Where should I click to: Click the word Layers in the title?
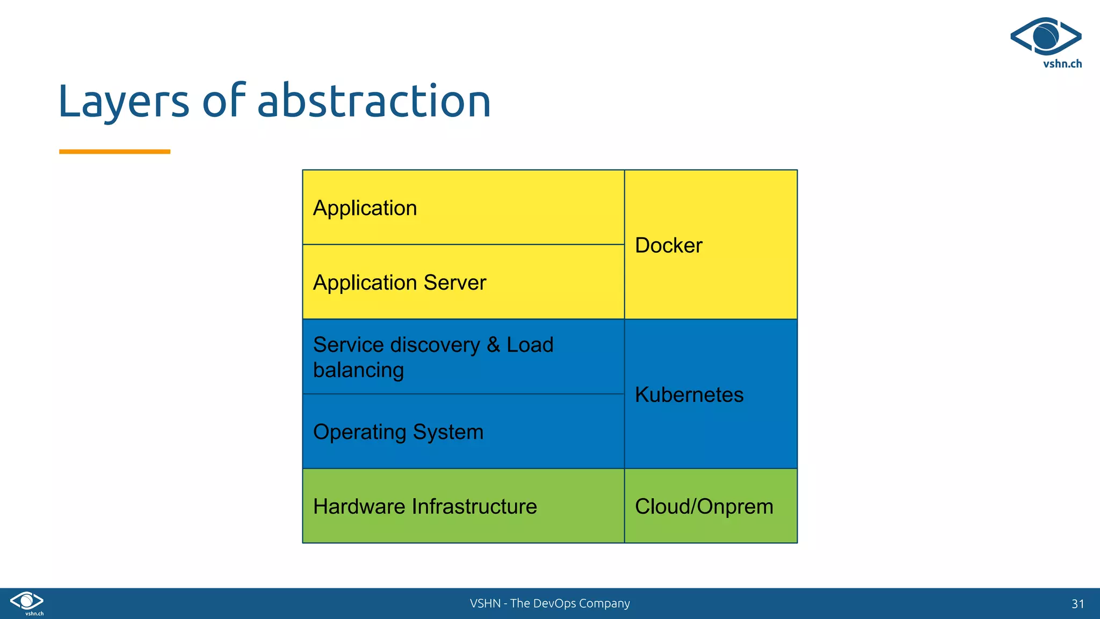point(124,102)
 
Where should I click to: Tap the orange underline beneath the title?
point(114,152)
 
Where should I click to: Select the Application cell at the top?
point(365,208)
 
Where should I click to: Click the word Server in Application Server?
point(454,283)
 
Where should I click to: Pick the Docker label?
point(668,246)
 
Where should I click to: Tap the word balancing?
point(358,371)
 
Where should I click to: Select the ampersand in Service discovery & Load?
point(493,345)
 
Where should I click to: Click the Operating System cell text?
point(398,432)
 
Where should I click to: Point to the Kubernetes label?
point(689,395)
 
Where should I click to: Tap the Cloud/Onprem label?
point(704,507)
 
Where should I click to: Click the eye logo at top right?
point(1045,37)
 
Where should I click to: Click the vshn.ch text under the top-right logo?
point(1062,64)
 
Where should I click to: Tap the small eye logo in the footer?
point(27,601)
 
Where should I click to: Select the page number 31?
point(1077,604)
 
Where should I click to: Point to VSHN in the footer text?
point(485,603)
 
